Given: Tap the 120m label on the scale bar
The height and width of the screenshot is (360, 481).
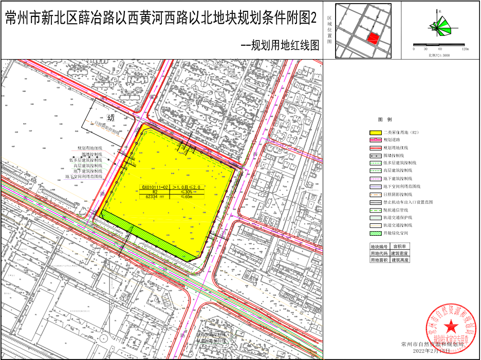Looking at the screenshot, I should (465, 49).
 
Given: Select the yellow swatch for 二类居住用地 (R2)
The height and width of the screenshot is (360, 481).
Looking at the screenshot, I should (376, 132).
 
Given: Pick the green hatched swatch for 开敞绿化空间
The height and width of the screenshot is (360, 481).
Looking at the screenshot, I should (376, 233).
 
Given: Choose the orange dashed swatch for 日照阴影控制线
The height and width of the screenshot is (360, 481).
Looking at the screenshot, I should (376, 195).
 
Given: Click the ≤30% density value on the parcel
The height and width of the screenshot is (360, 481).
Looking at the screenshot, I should (186, 192).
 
